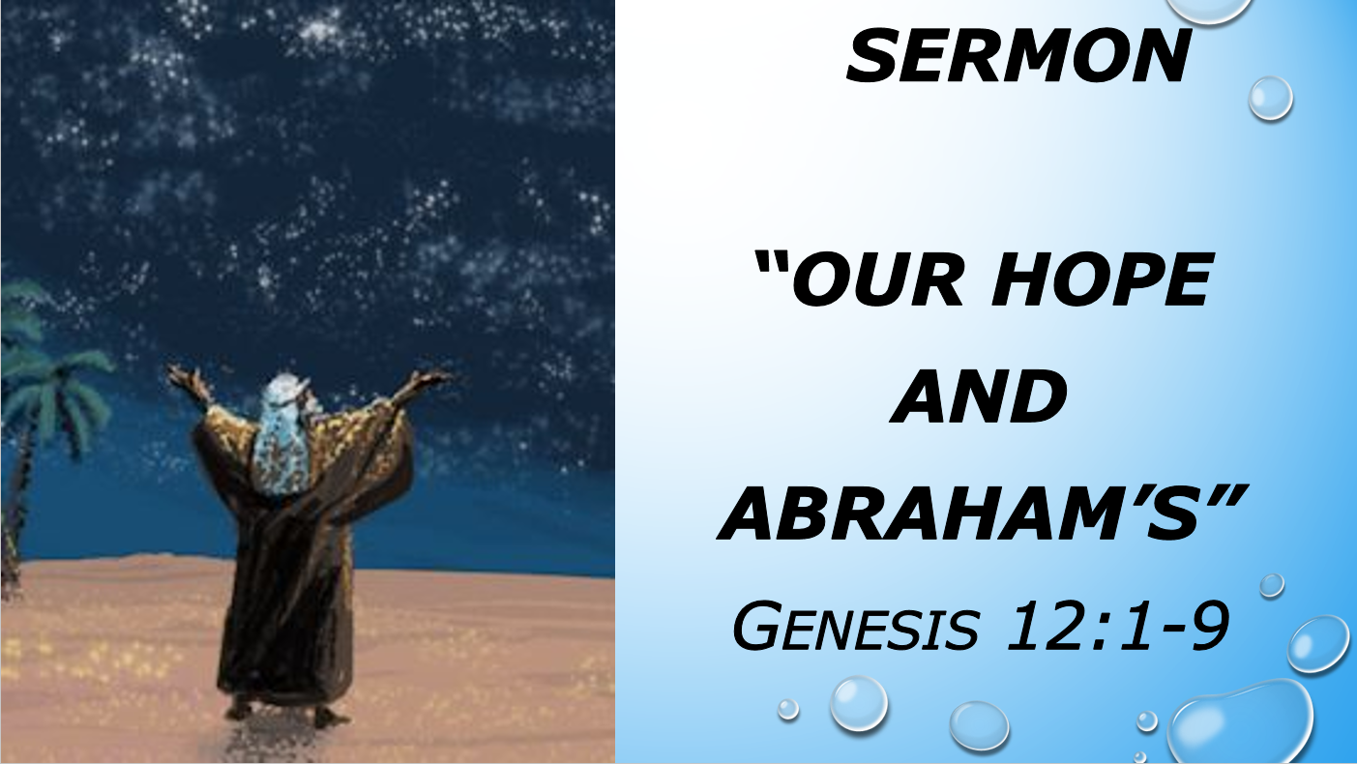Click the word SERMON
[x=1018, y=56]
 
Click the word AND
[x=978, y=398]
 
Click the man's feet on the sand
[x=280, y=714]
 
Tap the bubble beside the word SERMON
[x=1270, y=98]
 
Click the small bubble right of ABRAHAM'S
[x=1272, y=584]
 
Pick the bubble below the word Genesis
[x=858, y=702]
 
